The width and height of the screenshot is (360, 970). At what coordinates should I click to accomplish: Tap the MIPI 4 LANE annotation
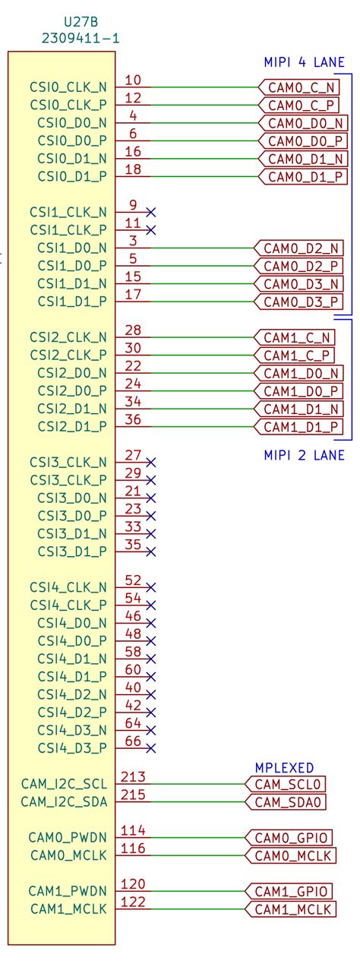coord(304,63)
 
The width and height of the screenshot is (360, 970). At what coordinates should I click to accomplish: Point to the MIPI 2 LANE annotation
coord(304,455)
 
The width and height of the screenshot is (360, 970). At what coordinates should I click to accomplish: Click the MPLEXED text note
coord(284,767)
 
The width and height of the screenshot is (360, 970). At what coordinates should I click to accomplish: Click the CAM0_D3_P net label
coord(298,302)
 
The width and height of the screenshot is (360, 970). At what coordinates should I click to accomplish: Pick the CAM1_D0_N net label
coord(298,373)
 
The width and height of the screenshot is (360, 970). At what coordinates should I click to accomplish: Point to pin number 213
coord(133,777)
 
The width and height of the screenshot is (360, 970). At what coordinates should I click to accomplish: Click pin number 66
coord(133,741)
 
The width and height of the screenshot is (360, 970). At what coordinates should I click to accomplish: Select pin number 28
coord(133,330)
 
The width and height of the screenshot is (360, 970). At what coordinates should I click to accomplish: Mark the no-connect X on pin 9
coord(151,212)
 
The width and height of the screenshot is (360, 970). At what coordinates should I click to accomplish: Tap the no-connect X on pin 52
coord(151,587)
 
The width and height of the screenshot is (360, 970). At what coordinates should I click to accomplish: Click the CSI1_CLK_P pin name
coord(68,230)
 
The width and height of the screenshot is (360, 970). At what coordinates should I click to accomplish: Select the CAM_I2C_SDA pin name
coord(64,802)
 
